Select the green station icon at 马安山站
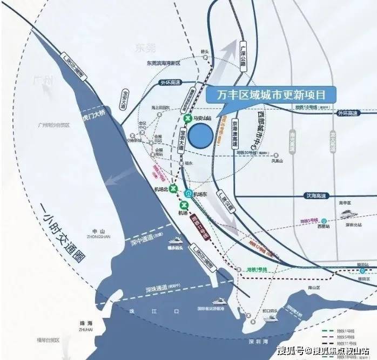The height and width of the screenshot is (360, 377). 187,118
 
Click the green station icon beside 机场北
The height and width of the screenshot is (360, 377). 173,188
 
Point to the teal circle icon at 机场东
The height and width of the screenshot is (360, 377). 188,193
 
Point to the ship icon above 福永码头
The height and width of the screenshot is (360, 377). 176,241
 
